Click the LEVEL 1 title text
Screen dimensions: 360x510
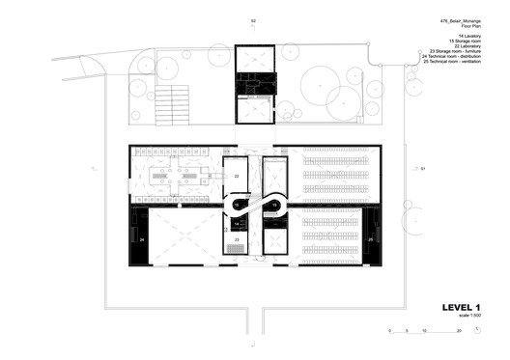click(461, 308)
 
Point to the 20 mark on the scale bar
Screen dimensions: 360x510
click(459, 331)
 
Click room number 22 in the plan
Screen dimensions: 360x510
click(236, 177)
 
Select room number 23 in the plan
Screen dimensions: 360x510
click(237, 238)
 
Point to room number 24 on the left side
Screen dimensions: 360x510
click(141, 238)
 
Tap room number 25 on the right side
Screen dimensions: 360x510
click(370, 238)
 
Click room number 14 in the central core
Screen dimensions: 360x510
click(237, 223)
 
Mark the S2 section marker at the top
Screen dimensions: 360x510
click(254, 20)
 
